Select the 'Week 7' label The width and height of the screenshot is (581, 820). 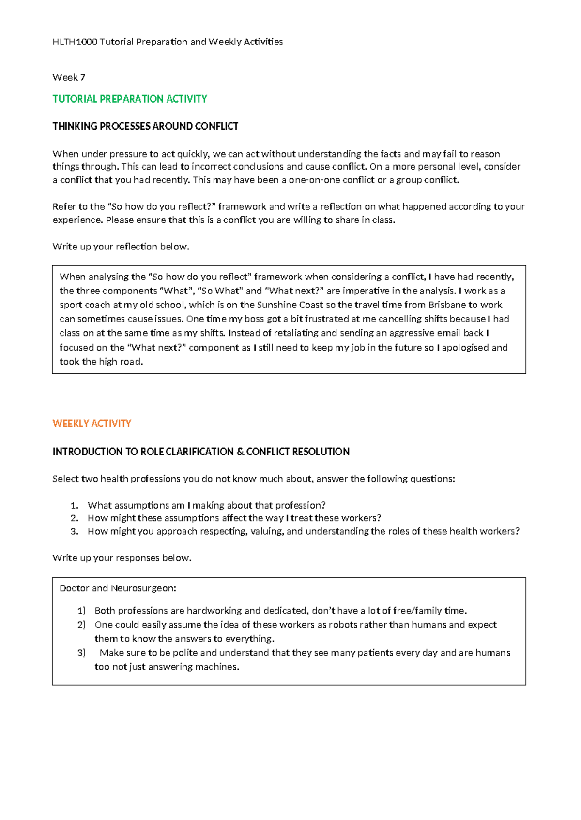coord(69,77)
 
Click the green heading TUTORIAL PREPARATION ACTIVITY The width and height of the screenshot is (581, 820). coord(129,99)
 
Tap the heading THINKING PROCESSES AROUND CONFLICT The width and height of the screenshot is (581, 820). coord(145,126)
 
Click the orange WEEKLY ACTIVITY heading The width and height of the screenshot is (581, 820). coord(92,424)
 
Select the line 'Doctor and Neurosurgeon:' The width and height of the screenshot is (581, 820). coord(118,588)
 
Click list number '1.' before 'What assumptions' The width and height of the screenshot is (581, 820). coord(74,505)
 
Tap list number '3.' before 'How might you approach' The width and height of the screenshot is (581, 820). coord(74,531)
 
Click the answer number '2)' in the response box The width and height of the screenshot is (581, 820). coord(81,625)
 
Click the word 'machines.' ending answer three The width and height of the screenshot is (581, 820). coord(217,667)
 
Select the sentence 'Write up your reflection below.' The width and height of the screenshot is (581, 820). coord(121,247)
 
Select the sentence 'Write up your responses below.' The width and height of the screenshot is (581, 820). coord(122,558)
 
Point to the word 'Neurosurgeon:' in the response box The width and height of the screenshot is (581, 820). coord(143,588)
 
